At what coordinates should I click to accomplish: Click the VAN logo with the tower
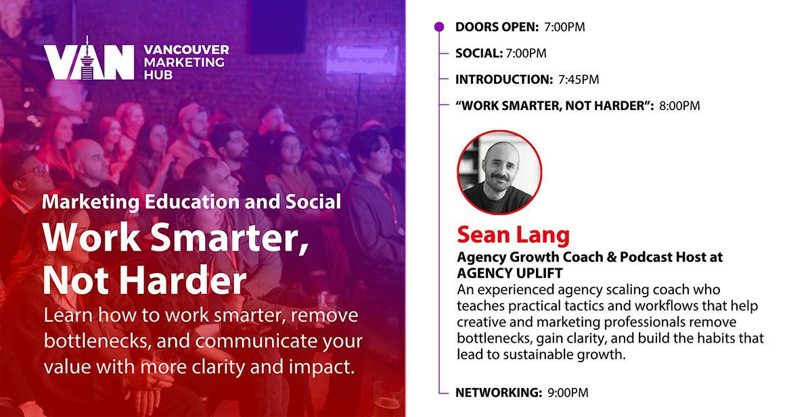(x=89, y=59)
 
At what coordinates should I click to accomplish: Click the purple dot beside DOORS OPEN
(x=439, y=27)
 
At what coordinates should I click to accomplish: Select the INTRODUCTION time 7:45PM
(x=579, y=80)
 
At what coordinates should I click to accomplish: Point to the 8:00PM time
(x=679, y=106)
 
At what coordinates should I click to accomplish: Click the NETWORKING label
(x=499, y=393)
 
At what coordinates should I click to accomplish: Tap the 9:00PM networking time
(x=568, y=393)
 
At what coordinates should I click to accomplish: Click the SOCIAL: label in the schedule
(x=479, y=53)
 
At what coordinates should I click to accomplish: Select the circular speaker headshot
(x=499, y=172)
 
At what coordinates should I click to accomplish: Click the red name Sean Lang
(x=514, y=235)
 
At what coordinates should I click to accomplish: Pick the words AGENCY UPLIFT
(x=510, y=273)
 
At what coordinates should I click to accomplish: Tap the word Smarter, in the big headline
(x=229, y=238)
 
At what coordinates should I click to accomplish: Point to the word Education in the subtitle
(x=191, y=202)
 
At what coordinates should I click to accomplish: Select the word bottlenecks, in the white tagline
(x=98, y=341)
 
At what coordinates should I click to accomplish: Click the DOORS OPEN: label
(x=497, y=27)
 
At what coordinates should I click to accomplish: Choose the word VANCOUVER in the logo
(x=186, y=49)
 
